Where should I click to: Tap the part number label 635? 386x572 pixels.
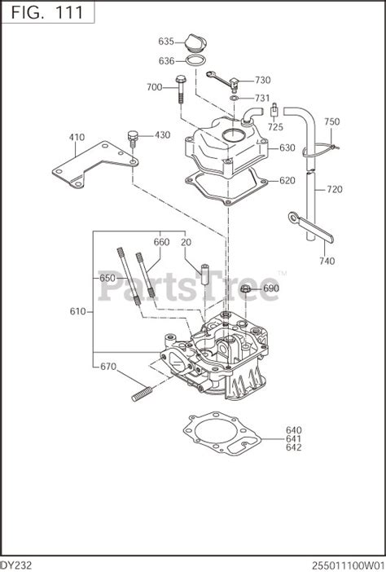coord(166,41)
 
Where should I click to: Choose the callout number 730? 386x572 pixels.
coord(262,80)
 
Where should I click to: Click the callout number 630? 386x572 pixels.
coord(287,148)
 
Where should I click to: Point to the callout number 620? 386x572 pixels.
coord(287,181)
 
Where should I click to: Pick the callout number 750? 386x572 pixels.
coord(331,121)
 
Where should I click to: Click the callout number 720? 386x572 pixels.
coord(335,189)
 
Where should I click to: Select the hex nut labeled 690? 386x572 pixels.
coord(245,288)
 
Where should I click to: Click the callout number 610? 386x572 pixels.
coord(77,311)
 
